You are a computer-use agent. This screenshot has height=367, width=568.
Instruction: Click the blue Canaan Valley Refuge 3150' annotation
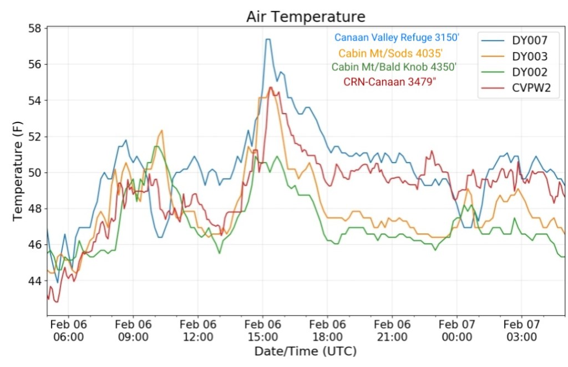397,38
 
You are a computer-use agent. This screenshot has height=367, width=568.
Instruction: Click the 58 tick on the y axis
37,28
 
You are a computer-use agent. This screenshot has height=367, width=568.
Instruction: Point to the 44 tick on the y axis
37,281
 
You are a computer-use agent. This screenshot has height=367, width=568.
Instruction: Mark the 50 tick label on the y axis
37,172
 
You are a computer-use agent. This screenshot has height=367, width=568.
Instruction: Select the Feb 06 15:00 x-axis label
263,330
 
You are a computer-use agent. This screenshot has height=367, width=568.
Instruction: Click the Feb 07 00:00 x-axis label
457,330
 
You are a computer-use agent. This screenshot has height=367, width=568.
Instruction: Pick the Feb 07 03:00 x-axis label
521,330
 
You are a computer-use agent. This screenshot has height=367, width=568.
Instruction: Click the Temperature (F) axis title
18,172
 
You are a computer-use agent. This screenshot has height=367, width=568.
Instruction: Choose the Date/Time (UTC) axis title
305,351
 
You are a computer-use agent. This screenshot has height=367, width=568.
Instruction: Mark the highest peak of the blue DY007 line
267,39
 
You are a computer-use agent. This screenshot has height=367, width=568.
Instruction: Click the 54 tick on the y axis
37,100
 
